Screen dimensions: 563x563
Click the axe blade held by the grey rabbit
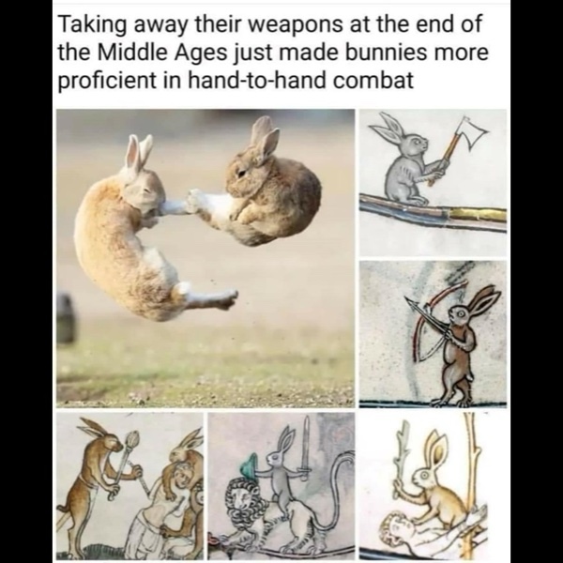pos(473,132)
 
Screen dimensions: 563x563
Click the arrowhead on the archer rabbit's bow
pos(410,302)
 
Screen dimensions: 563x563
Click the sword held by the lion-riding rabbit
pos(306,449)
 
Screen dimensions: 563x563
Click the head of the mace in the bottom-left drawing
pos(132,438)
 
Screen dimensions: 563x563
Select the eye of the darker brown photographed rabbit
pos(241,173)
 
